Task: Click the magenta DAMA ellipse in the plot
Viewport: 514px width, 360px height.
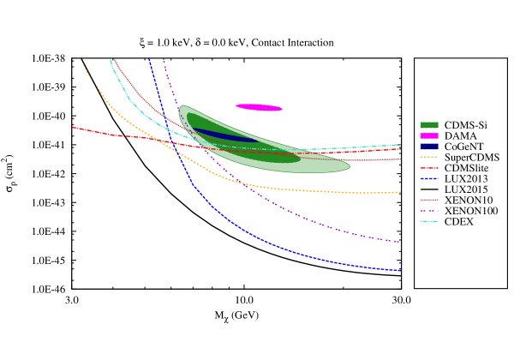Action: click(259, 107)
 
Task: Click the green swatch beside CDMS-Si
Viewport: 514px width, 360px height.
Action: click(430, 125)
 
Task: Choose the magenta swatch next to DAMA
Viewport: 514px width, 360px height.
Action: click(430, 136)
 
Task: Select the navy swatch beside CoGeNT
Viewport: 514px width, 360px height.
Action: click(430, 147)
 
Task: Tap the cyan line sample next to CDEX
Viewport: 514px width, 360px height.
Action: click(430, 222)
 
